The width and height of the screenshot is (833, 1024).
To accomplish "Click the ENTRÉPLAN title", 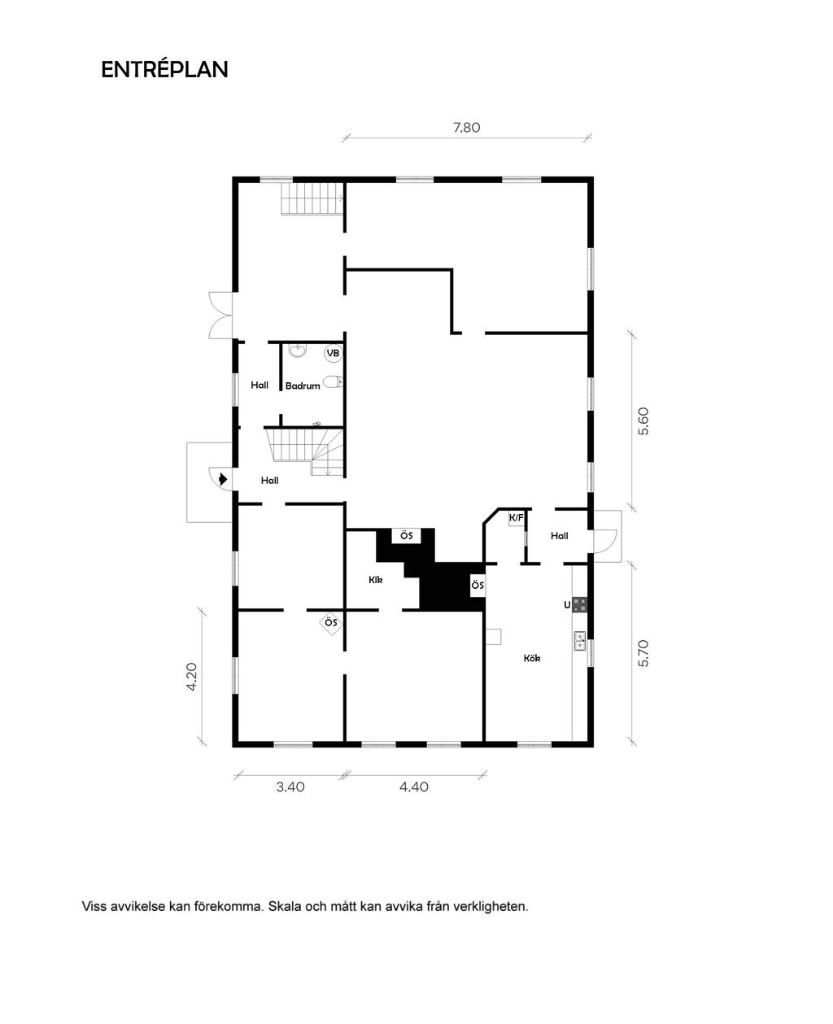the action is tap(164, 69).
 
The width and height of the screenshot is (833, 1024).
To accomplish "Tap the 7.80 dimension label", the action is tap(467, 128).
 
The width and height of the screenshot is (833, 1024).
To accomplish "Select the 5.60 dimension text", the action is tap(643, 421).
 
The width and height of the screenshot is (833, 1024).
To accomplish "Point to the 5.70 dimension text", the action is tap(643, 653).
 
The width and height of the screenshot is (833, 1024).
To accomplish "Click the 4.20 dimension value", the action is tap(191, 677).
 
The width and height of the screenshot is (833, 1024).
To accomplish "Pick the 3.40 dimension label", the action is tap(290, 787).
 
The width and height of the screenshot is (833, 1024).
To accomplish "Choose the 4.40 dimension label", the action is tap(414, 787).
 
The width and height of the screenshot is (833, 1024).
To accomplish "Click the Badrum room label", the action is tap(303, 386).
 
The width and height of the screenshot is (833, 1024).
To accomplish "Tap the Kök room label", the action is tap(532, 658).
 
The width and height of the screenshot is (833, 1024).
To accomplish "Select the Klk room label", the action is tap(375, 580).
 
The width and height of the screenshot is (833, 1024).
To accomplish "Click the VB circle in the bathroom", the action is tap(333, 353).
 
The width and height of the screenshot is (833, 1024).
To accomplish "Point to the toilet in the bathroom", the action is tap(333, 382).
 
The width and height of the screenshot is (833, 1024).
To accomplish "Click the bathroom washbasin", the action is tap(299, 350).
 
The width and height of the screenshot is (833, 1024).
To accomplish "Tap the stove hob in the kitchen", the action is tap(580, 604).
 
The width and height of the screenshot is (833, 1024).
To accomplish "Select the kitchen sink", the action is tap(579, 641).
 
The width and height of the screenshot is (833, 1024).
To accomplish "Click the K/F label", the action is tap(517, 518).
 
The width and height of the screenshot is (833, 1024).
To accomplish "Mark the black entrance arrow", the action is tap(223, 479).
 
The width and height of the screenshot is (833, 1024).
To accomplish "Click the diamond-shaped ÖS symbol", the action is tap(331, 622).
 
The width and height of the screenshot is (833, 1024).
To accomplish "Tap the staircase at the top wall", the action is tap(312, 198).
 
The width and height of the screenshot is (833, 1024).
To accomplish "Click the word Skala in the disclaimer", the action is tap(285, 906).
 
